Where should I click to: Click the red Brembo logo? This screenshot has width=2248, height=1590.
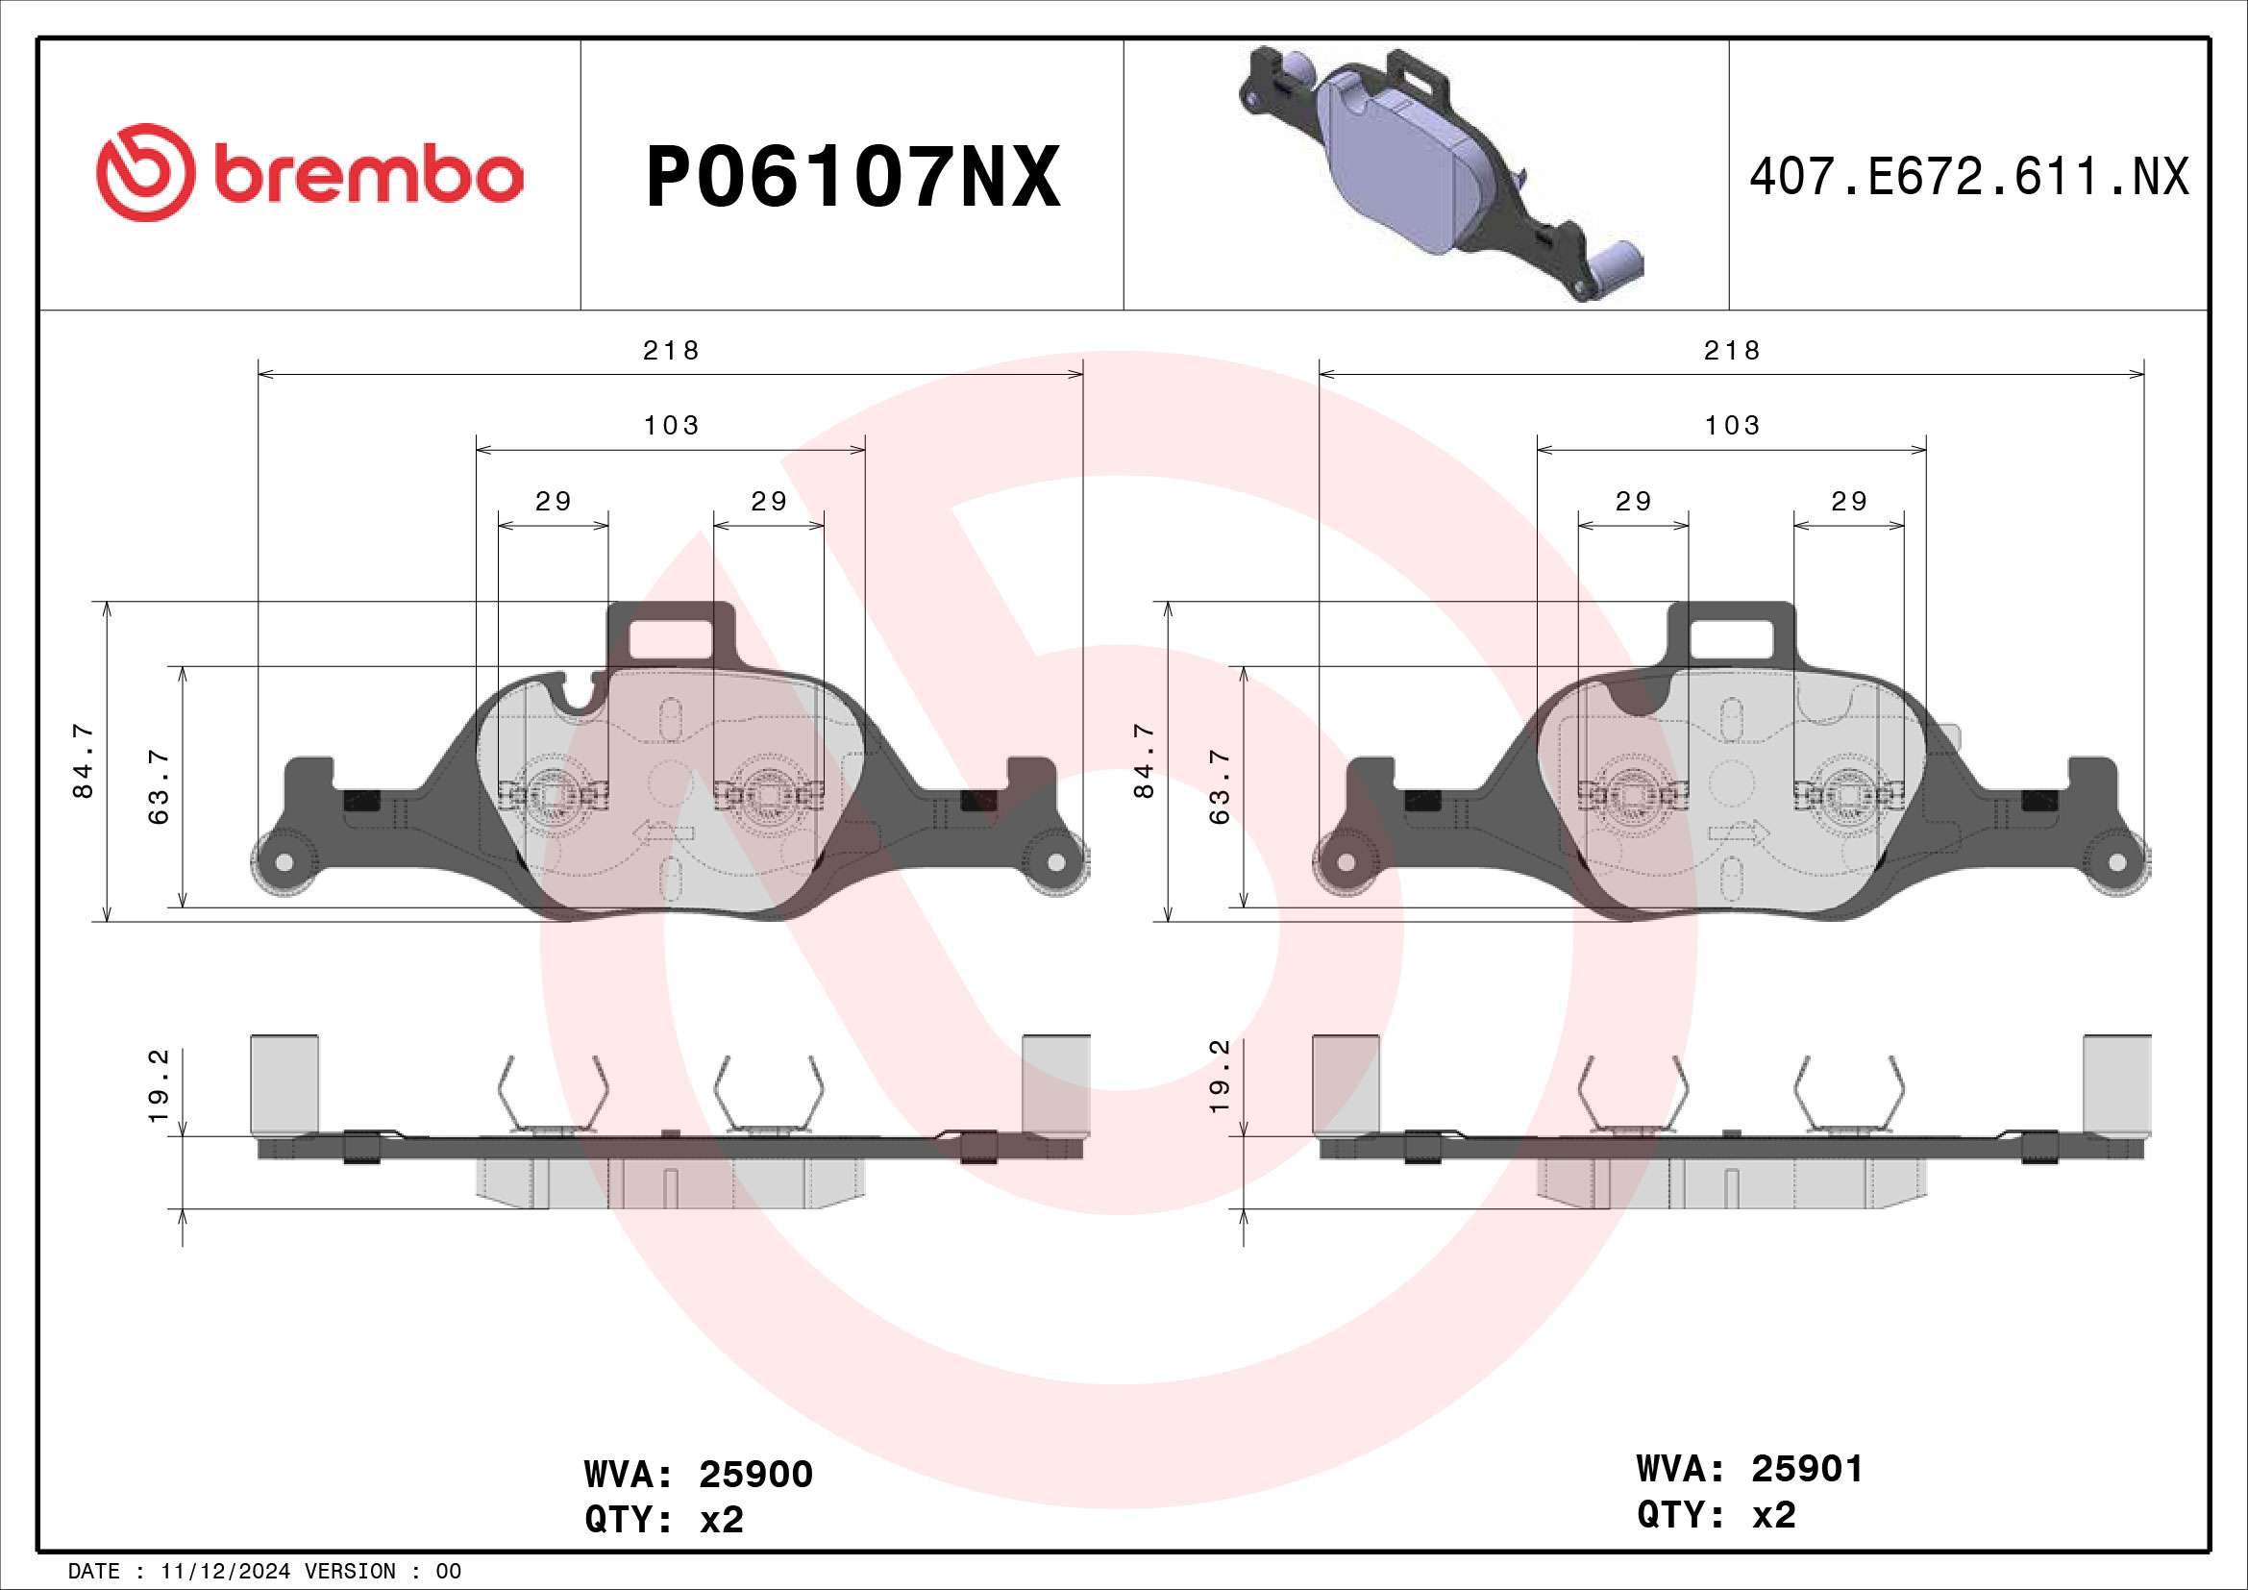click(x=309, y=173)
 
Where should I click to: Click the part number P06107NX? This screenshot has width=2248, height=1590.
click(x=852, y=177)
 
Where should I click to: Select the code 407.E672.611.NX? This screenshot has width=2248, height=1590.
click(x=1968, y=177)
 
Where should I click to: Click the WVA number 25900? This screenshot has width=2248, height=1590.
click(x=754, y=1475)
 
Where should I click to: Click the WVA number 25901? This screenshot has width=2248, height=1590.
click(x=1807, y=1469)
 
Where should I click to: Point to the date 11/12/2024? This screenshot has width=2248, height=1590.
click(x=225, y=1572)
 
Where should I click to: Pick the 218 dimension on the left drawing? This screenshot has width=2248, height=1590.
click(x=671, y=351)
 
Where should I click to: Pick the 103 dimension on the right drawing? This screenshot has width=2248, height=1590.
click(x=1732, y=426)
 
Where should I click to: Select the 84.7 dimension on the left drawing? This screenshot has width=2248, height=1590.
click(x=84, y=760)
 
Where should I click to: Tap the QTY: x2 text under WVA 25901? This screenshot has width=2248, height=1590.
click(x=1717, y=1516)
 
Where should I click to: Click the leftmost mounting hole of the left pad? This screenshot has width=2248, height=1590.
click(x=284, y=862)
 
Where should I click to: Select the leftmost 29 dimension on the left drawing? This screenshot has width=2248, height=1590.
click(x=553, y=501)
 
